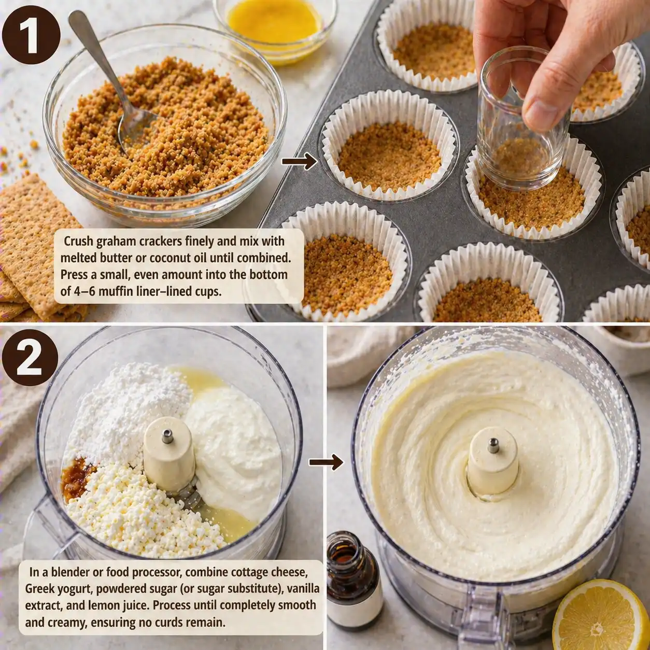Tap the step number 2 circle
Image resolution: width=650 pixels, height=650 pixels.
(x=30, y=358)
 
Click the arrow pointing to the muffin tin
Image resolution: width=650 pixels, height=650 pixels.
(x=299, y=161)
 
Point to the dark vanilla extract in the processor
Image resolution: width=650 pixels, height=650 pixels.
(x=78, y=474)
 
